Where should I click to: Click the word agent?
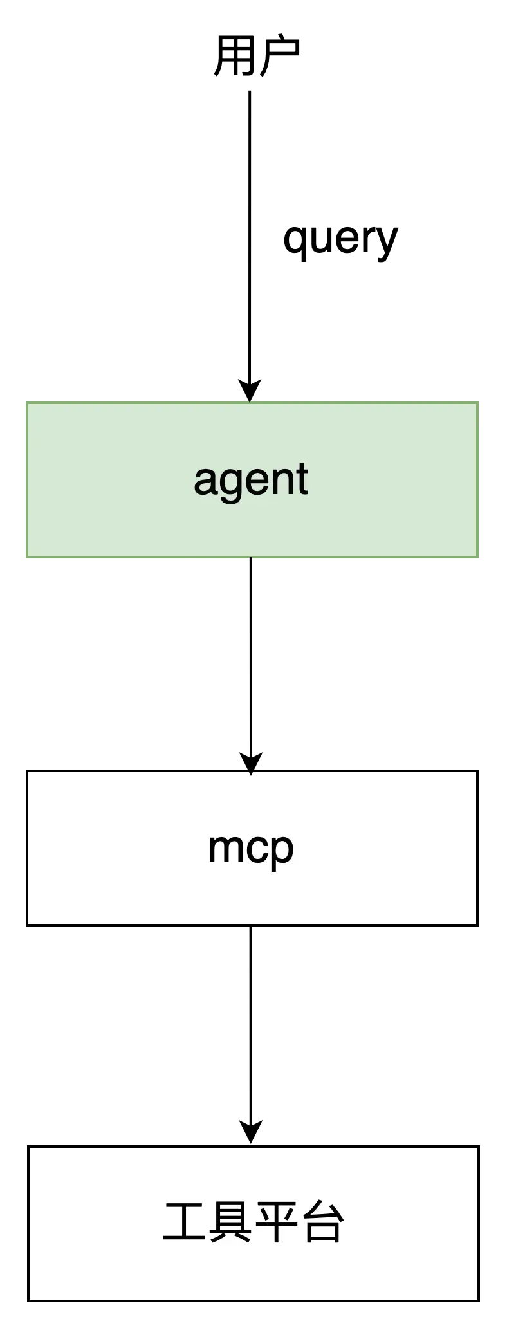click(251, 479)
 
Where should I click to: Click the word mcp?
click(251, 849)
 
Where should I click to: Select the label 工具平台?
click(253, 1222)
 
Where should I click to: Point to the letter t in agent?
click(302, 479)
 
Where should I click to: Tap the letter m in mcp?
click(223, 847)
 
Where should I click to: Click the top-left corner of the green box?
click(27, 403)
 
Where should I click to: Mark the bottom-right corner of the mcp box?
click(476, 923)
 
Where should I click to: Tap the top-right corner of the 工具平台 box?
click(477, 1148)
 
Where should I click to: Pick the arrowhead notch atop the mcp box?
click(251, 774)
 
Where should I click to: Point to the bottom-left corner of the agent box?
click(27, 557)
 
